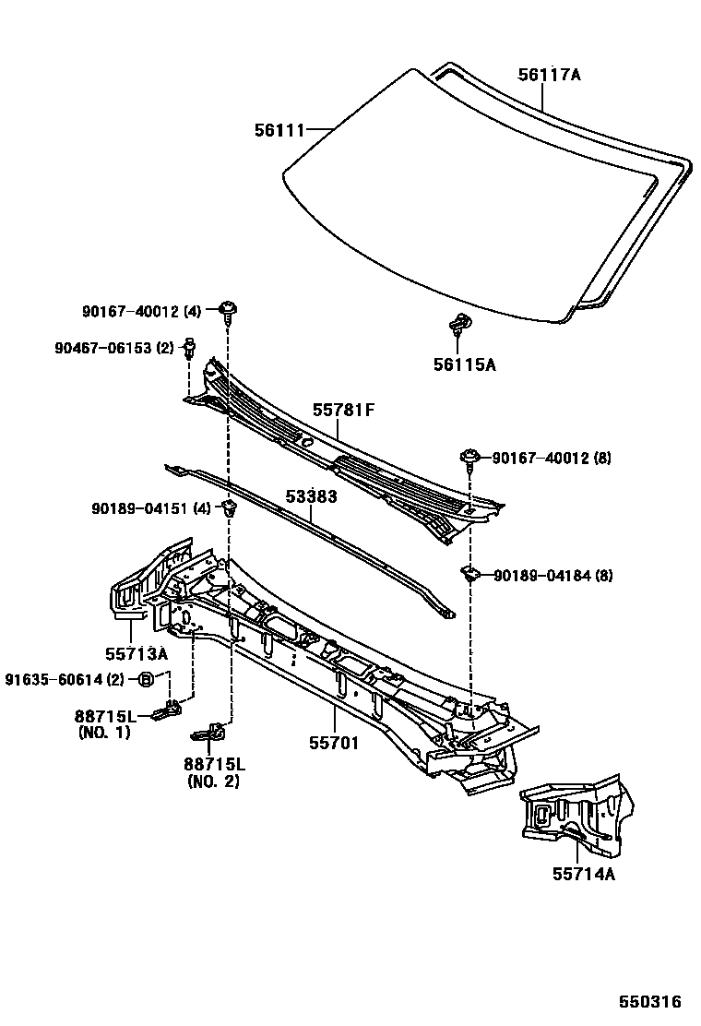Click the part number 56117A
(549, 75)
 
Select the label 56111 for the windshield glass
(279, 131)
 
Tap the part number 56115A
(464, 364)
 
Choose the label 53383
(311, 496)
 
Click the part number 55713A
(136, 653)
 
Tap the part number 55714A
(584, 872)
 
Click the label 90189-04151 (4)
(152, 508)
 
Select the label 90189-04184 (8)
(552, 576)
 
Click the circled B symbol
(145, 680)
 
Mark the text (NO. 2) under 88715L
(213, 781)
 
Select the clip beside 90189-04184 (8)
(471, 575)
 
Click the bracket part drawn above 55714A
(576, 812)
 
